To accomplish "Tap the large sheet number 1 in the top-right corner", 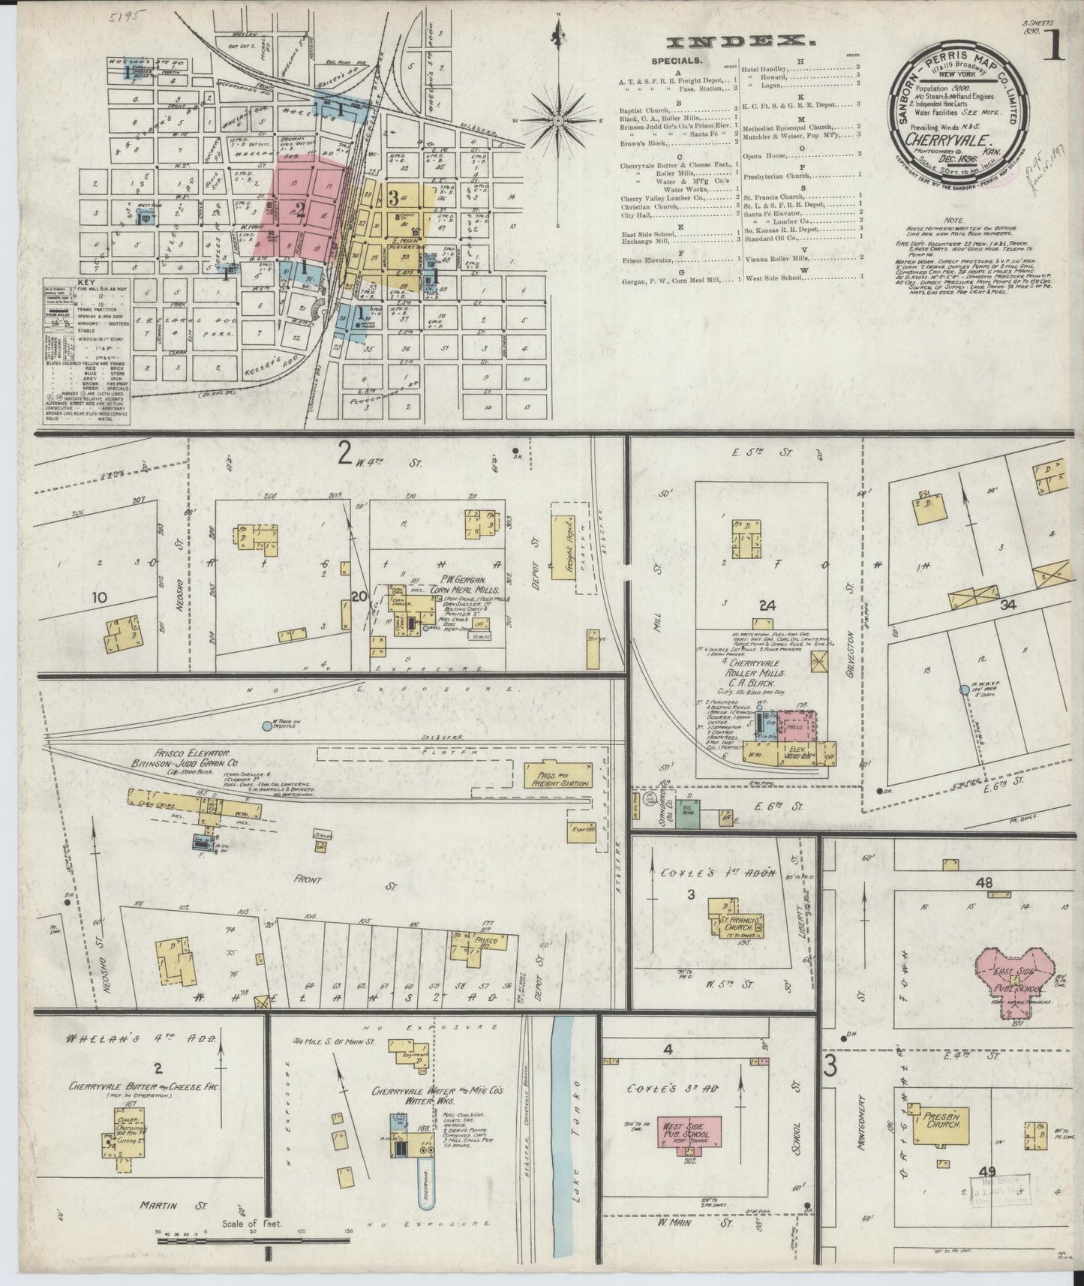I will coord(1055,47).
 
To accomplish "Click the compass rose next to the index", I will coord(559,119).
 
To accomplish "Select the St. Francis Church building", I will coord(736,922).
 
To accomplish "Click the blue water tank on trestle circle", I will coord(267,726).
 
